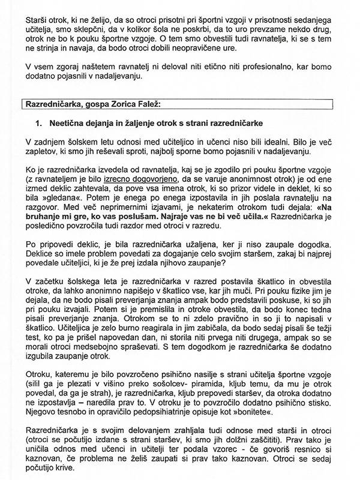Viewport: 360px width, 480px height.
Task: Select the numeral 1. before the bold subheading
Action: click(x=40, y=124)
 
